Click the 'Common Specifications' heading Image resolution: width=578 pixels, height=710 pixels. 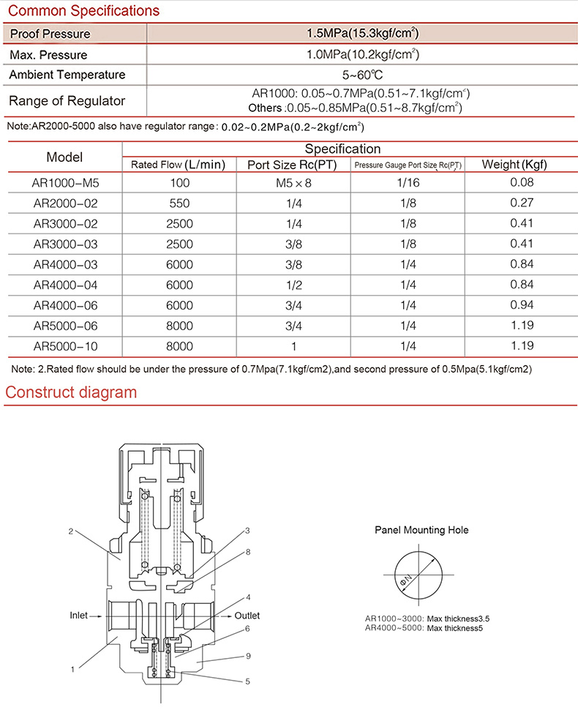pos(82,11)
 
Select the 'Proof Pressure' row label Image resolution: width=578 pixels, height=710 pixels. pos(50,34)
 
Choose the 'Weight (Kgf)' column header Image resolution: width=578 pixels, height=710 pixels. pos(514,164)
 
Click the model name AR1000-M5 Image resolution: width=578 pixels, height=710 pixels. pos(65,183)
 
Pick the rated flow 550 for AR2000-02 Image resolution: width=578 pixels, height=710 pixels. pos(180,203)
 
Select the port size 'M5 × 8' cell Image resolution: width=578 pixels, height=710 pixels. pos(293,183)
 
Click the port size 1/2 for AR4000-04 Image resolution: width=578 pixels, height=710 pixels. pos(293,285)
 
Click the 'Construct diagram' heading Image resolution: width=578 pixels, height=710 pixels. pos(71,392)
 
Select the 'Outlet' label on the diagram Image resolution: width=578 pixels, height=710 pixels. pos(247,616)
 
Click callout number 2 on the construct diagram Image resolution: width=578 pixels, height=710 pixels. pos(70,532)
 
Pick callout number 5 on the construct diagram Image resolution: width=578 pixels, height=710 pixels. pos(248,681)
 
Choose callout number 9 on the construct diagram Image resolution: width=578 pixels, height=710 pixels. pos(248,656)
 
